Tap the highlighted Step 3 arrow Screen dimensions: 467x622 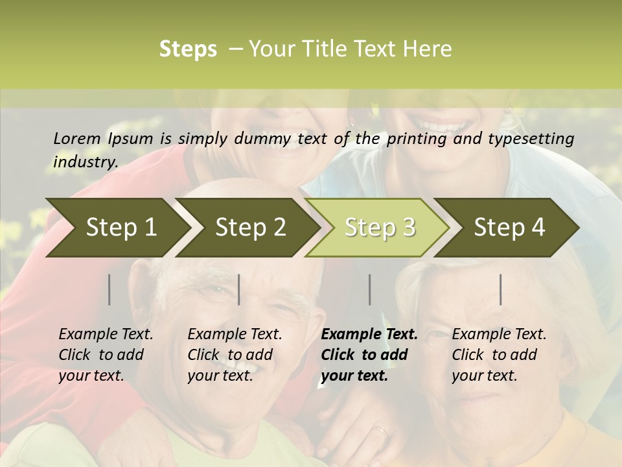click(380, 227)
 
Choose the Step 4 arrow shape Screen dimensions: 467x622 click(509, 227)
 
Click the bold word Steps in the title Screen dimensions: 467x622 click(188, 49)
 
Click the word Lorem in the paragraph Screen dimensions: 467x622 click(76, 138)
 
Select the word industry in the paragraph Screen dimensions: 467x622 click(84, 162)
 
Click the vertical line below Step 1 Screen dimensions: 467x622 click(109, 289)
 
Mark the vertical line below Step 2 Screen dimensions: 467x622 click(239, 289)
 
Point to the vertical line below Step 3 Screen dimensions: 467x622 click(369, 289)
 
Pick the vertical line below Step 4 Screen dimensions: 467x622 click(501, 289)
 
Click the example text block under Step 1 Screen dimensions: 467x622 click(106, 355)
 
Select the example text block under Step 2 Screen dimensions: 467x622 click(235, 355)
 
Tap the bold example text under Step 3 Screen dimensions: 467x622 click(369, 355)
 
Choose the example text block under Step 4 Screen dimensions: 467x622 click(499, 355)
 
